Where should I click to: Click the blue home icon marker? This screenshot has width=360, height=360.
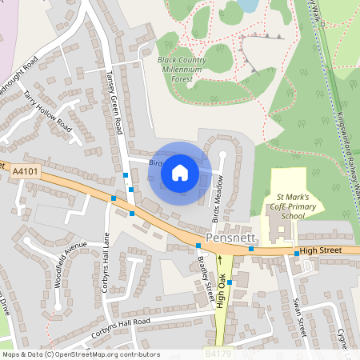tap(180, 172)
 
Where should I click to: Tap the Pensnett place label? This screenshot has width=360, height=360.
tap(229, 238)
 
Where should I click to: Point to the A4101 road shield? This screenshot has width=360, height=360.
tap(26, 170)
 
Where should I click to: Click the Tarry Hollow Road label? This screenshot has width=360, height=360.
tap(47, 113)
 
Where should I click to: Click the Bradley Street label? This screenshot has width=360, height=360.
tap(207, 280)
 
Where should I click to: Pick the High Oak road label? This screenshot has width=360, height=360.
tap(222, 280)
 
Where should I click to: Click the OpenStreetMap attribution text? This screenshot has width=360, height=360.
tap(81, 354)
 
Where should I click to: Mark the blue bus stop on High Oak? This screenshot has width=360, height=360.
tap(230, 282)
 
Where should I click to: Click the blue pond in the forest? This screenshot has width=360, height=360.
tap(249, 6)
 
